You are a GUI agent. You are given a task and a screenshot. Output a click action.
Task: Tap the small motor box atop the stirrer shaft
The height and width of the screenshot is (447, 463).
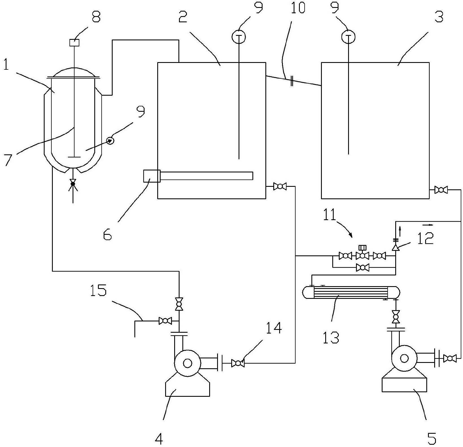tap(75, 43)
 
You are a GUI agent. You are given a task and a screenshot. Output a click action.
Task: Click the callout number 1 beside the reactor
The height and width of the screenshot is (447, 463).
tap(6, 65)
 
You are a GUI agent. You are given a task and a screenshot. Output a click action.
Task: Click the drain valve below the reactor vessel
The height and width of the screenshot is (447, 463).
tap(73, 184)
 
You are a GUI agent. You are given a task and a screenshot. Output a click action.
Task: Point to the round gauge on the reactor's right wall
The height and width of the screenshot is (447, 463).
tap(110, 140)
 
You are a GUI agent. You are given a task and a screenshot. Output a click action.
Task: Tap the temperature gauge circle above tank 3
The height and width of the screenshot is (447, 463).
tap(348, 37)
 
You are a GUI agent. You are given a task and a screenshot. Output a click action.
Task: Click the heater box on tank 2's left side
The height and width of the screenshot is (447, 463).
tap(152, 176)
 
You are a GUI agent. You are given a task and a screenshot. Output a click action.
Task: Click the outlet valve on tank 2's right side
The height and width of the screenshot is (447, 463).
tap(280, 186)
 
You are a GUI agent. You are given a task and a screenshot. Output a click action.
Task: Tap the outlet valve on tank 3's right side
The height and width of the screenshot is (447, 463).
tap(441, 190)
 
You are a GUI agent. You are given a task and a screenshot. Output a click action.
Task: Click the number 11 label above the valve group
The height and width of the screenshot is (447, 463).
tap(329, 215)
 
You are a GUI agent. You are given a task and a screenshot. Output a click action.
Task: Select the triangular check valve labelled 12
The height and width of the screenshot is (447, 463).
tap(396, 247)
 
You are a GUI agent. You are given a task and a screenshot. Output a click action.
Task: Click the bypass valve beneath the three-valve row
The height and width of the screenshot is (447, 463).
tap(362, 267)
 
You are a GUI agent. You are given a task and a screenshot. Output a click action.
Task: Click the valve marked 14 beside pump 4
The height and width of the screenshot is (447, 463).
tap(238, 363)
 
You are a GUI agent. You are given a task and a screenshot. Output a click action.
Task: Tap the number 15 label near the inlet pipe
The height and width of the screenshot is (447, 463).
tap(98, 290)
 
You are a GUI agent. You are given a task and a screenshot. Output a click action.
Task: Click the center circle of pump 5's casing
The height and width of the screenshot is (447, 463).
tap(404, 358)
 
